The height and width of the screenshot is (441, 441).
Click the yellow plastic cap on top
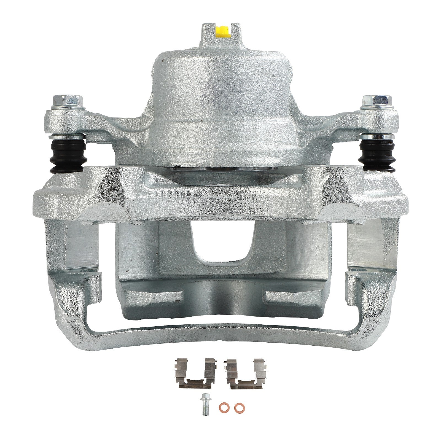click(x=222, y=31)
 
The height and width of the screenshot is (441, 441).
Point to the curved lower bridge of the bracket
click(x=220, y=335)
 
